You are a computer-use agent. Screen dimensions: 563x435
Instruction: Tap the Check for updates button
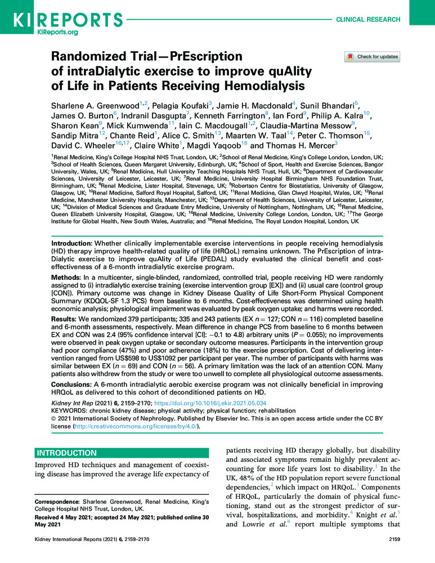tap(372, 57)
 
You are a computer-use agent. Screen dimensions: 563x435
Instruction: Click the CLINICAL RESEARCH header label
tap(368, 19)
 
